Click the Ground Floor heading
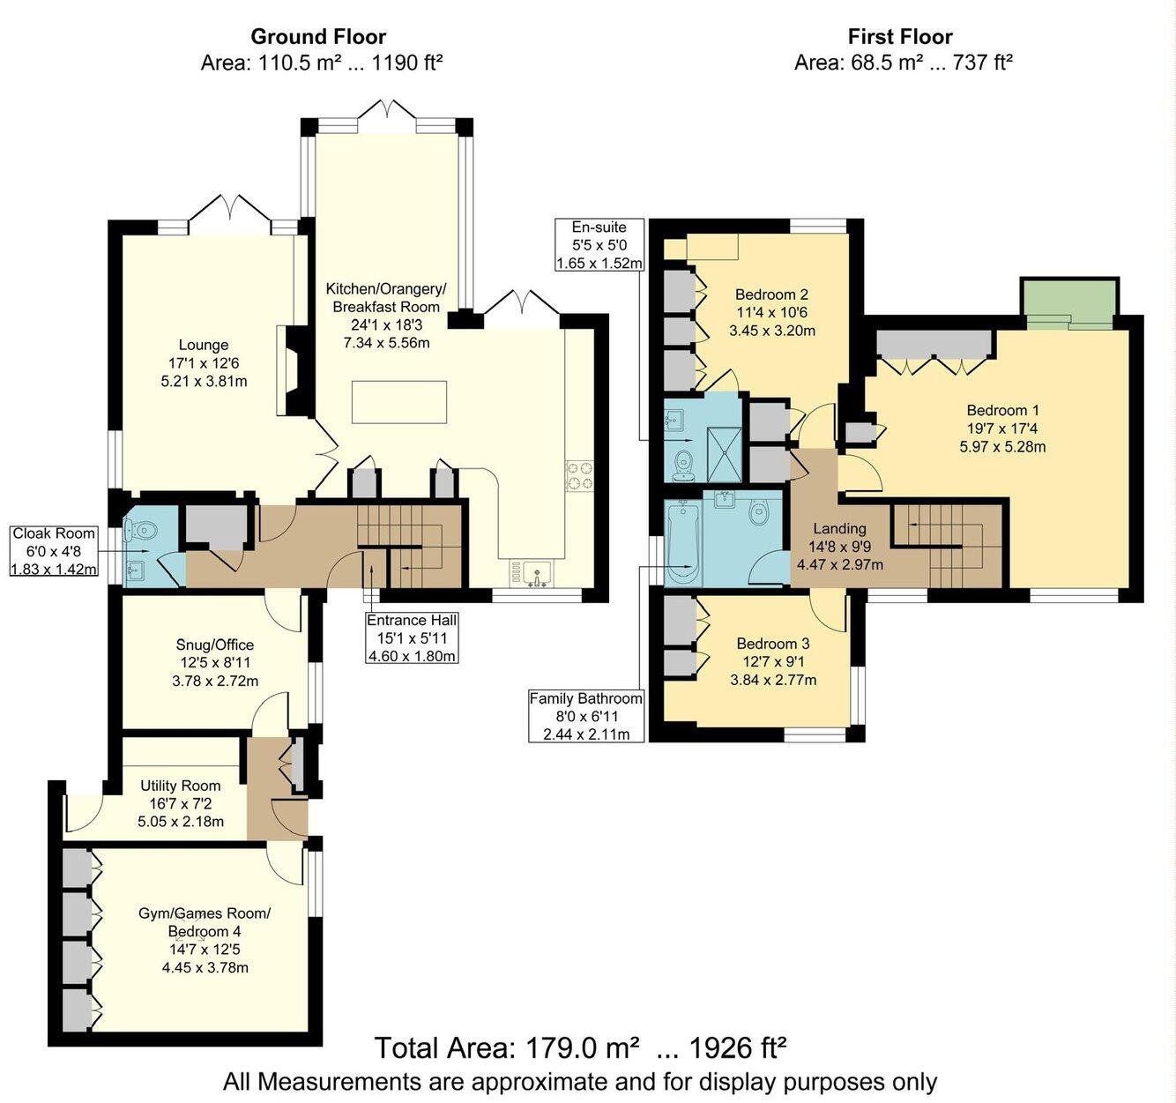pos(318,37)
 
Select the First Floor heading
pos(900,37)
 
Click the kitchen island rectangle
pos(398,402)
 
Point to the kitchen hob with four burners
pos(580,476)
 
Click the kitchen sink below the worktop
pos(535,573)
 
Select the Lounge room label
pos(204,345)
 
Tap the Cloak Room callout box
pos(54,551)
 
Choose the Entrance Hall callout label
pos(412,637)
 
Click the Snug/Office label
pos(214,645)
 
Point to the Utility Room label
pos(181,786)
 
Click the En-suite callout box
pos(599,245)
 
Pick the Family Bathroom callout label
pos(585,716)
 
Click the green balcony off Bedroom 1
pos(1069,302)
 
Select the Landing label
pos(839,528)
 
